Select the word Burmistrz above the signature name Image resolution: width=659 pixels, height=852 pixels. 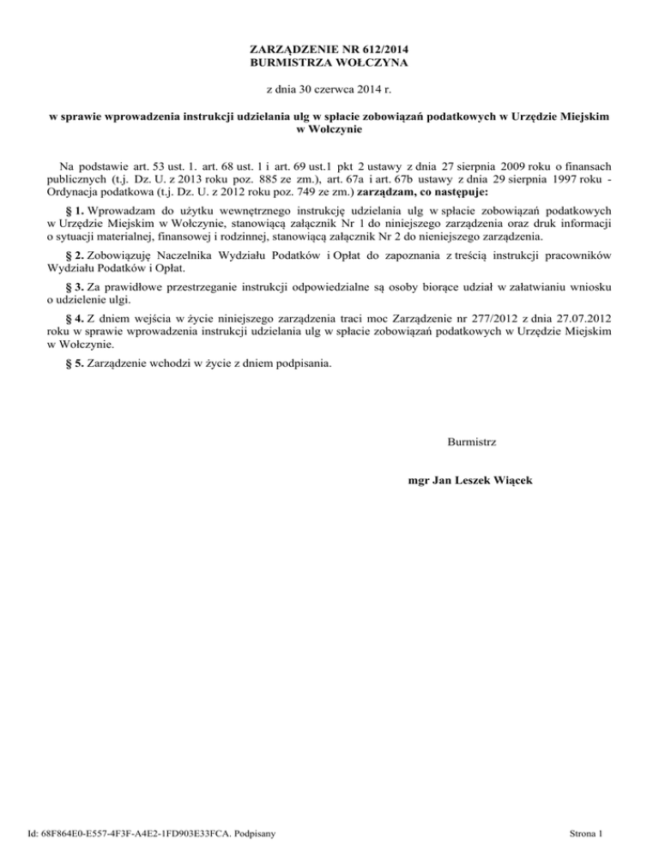click(472, 442)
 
